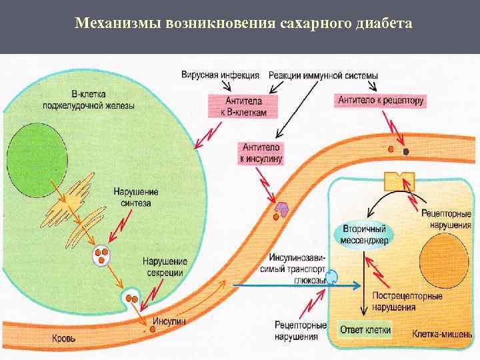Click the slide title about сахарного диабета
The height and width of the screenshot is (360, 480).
[243, 24]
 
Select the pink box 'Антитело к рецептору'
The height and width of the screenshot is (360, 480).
[381, 101]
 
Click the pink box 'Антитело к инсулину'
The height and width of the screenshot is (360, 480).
[261, 153]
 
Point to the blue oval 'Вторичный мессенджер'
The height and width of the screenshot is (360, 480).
[363, 234]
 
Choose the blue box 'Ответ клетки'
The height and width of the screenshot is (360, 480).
[365, 330]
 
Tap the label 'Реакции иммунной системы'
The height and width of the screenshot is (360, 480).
[323, 75]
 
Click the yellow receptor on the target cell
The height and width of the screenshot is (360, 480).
[399, 179]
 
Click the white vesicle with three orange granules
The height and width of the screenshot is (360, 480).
[101, 255]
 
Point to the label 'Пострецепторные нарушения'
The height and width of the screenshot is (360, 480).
[404, 301]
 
